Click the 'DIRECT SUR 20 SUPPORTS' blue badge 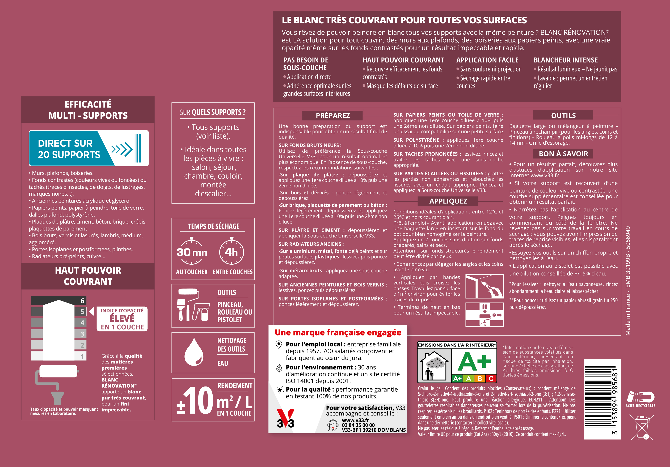pyautogui.click(x=89, y=148)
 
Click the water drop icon pyautogui.click(x=194, y=352)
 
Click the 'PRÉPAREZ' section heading pyautogui.click(x=333, y=115)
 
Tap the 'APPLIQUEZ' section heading pyautogui.click(x=448, y=201)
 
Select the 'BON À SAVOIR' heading pyautogui.click(x=563, y=154)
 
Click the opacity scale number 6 pyautogui.click(x=82, y=301)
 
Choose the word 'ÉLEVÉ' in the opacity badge pyautogui.click(x=122, y=318)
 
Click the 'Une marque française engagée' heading pyautogui.click(x=338, y=333)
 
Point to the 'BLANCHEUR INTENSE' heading pyautogui.click(x=566, y=60)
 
